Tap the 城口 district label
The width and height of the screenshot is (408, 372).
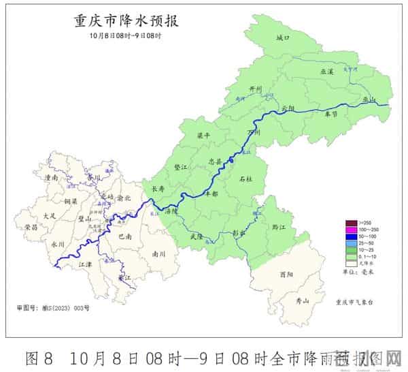pos(283,38)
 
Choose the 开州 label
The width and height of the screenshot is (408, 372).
pos(256,89)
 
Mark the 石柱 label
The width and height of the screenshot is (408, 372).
pos(245,179)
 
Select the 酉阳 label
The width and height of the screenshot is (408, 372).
pos(286,274)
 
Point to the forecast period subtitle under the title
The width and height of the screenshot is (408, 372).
pos(125,35)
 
